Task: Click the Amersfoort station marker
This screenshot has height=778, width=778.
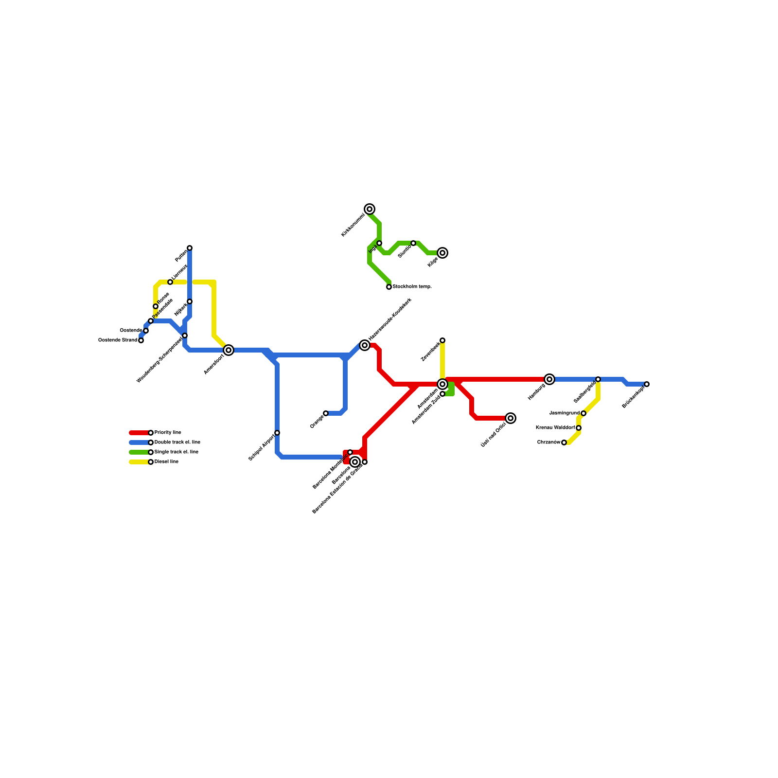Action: pos(229,350)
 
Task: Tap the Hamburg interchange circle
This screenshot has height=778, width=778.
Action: pos(549,379)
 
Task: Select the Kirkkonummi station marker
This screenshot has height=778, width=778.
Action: pos(370,209)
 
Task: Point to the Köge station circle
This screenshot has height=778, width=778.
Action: pos(442,253)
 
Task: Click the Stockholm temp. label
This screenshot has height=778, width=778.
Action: pos(412,287)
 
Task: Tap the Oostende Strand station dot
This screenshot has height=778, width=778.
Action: pos(141,340)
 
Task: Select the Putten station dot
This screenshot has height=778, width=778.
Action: pos(190,248)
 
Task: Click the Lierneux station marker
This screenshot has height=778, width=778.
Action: pos(170,282)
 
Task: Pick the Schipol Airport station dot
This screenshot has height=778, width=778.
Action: pos(277,433)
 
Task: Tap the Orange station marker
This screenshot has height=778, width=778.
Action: pos(326,413)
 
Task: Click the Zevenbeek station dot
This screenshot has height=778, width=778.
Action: pos(442,340)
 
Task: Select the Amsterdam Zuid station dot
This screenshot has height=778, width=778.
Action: pos(442,394)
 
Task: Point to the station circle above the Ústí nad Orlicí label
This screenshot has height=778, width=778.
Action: pos(511,418)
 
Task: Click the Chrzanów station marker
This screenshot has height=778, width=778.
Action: pos(564,442)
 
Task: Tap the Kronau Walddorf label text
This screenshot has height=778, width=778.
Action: pos(555,428)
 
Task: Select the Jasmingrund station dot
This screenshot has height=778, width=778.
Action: pos(583,413)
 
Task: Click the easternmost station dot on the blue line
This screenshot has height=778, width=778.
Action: pos(647,384)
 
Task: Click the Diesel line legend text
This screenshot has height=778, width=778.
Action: pos(166,462)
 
